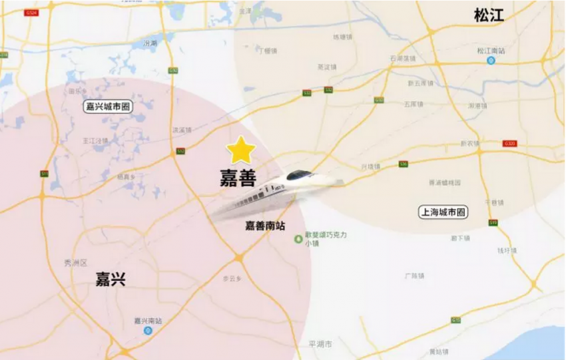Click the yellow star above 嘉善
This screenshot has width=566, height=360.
click(240, 151)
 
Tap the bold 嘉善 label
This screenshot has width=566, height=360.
click(238, 177)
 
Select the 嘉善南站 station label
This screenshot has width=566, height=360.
click(265, 226)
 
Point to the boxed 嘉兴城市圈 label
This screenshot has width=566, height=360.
click(108, 106)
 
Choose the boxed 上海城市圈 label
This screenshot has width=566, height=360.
click(444, 212)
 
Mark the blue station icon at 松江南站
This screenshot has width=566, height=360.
click(491, 61)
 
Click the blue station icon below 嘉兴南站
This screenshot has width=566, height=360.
click(148, 330)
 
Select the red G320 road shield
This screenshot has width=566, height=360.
click(510, 143)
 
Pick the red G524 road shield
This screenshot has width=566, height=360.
click(31, 13)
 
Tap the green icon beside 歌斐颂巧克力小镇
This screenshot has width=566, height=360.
click(298, 239)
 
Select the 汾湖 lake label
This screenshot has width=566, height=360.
click(150, 43)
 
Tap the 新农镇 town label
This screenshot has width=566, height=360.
click(470, 143)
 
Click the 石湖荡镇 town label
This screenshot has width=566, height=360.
click(402, 58)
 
